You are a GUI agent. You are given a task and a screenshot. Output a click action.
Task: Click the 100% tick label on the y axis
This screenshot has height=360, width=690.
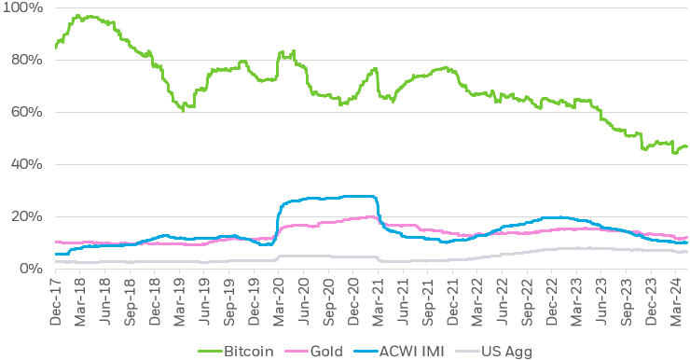22,8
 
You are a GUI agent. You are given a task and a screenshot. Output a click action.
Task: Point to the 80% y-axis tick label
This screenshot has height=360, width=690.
25,61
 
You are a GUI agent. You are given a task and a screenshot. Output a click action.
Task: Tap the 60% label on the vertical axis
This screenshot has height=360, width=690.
25,113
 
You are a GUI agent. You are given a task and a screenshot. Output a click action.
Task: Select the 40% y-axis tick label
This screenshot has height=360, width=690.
25,165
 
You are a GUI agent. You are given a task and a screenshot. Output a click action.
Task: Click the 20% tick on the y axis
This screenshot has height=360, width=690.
25,217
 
